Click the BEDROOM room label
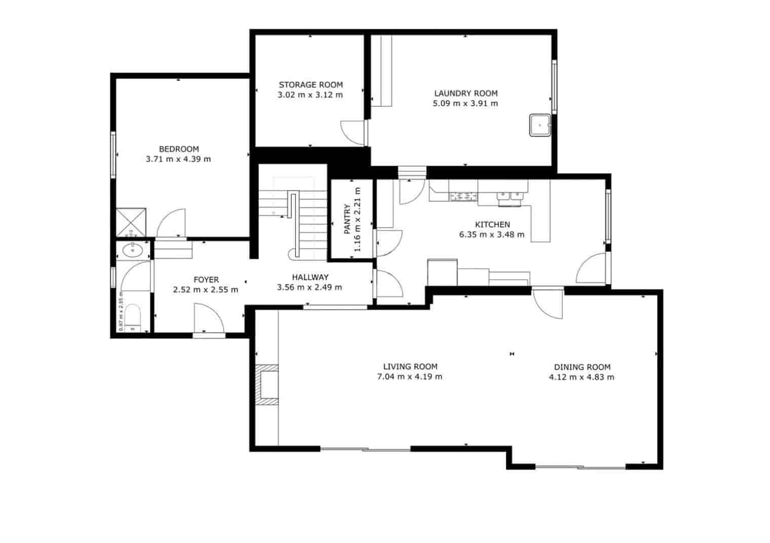tap(178, 149)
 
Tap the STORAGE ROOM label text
tap(311, 85)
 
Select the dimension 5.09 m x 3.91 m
tap(466, 103)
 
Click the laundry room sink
tap(540, 125)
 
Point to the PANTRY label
tap(348, 219)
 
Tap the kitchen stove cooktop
tap(464, 196)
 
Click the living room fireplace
tap(267, 385)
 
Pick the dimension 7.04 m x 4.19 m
tap(410, 377)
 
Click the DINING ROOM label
tap(582, 367)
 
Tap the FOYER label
tap(206, 279)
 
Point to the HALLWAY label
tap(310, 277)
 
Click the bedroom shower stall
tap(131, 223)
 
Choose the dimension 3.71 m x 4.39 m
tap(178, 159)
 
